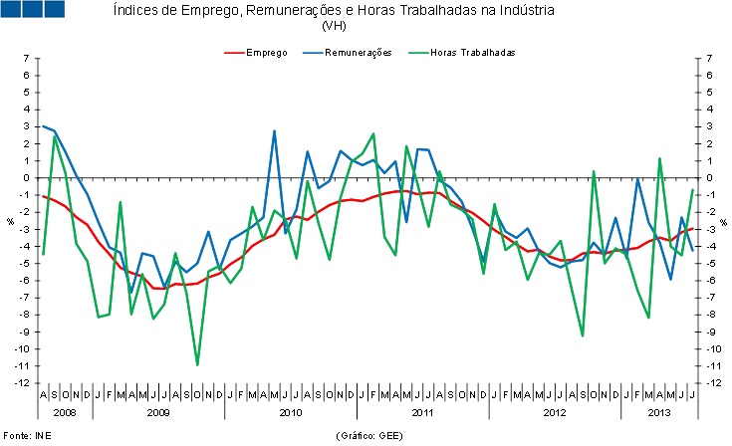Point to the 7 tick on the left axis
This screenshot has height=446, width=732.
click(x=27, y=59)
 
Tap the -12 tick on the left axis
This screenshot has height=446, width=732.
click(x=24, y=383)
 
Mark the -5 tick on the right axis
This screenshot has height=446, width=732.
click(x=708, y=264)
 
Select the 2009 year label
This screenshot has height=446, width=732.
click(x=158, y=411)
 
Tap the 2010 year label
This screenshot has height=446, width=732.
click(x=291, y=411)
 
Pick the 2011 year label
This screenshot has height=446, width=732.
click(x=423, y=411)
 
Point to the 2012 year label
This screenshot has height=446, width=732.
click(x=556, y=411)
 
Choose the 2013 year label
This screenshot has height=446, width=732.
click(x=658, y=411)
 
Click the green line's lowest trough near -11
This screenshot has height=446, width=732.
click(x=197, y=364)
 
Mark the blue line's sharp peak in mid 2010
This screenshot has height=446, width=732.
click(x=274, y=130)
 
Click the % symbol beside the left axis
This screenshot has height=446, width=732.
click(x=11, y=221)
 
